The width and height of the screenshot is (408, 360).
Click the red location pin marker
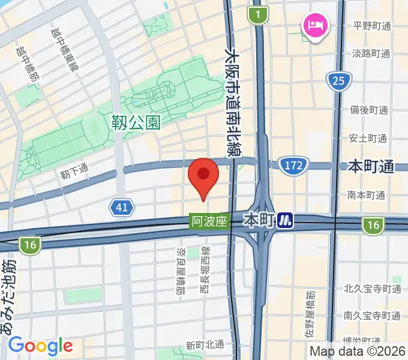(x=203, y=176)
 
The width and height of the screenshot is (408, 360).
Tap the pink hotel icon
(x=314, y=26)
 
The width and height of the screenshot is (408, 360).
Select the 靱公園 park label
(x=136, y=123)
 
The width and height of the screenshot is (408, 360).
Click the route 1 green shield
(x=258, y=15)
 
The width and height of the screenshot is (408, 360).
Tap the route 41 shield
(x=122, y=208)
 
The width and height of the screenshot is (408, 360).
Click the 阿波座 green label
(x=209, y=221)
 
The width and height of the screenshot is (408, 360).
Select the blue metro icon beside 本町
(x=286, y=222)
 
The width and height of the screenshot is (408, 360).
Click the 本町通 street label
(x=371, y=167)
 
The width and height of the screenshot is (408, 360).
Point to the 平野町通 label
(x=372, y=26)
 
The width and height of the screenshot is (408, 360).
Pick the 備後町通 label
(x=369, y=110)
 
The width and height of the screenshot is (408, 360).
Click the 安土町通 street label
(x=368, y=139)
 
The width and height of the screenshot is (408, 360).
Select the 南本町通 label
(x=365, y=196)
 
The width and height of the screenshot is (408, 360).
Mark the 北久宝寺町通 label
(x=372, y=289)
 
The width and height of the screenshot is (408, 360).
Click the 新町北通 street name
(x=204, y=345)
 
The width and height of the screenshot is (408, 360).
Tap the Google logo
(x=40, y=346)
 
